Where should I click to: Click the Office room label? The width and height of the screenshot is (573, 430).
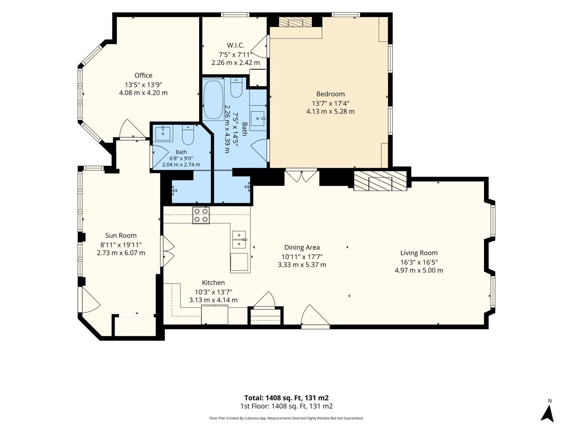click(x=143, y=75)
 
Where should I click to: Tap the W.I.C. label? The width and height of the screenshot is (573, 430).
click(x=235, y=45)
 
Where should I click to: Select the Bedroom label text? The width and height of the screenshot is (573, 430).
click(x=330, y=94)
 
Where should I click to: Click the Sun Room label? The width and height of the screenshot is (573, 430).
click(x=121, y=236)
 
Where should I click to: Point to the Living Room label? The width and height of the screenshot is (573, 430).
click(x=419, y=253)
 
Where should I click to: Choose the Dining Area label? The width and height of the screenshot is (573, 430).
click(x=302, y=247)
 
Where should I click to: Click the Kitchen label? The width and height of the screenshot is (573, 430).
click(x=213, y=283)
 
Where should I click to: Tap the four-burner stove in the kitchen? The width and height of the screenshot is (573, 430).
click(x=201, y=215)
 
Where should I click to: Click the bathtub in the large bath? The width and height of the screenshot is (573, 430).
click(x=214, y=99)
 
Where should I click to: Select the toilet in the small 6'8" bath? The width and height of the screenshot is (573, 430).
click(x=188, y=135)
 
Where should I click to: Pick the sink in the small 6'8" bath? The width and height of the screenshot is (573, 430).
click(x=163, y=134)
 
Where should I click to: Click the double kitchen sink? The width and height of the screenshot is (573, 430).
click(x=239, y=240)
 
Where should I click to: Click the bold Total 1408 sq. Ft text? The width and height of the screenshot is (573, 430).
click(x=286, y=398)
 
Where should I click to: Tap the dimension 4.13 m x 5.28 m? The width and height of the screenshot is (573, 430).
click(x=330, y=112)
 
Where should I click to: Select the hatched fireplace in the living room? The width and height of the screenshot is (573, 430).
click(x=380, y=181)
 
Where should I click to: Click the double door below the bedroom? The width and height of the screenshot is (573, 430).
click(x=302, y=176)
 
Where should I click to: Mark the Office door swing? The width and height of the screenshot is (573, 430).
click(x=132, y=129)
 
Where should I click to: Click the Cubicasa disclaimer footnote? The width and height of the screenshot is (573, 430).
click(x=286, y=418)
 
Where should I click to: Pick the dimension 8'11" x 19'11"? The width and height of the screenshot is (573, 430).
click(x=121, y=245)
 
